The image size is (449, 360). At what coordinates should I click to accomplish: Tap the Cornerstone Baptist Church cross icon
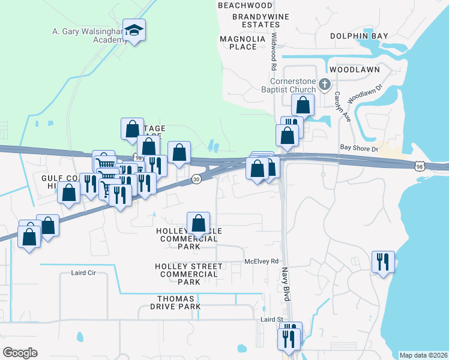325,84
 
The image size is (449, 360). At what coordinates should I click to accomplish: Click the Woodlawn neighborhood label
354,70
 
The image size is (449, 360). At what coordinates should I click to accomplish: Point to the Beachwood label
241,5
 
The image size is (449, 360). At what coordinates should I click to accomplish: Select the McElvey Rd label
262,261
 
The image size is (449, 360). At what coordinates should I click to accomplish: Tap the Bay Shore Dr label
358,148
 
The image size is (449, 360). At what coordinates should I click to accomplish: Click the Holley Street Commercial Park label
188,274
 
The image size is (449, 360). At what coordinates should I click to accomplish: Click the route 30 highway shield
196,179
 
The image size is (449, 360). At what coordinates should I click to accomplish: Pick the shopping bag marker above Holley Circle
199,224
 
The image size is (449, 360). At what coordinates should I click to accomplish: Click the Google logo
20,353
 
